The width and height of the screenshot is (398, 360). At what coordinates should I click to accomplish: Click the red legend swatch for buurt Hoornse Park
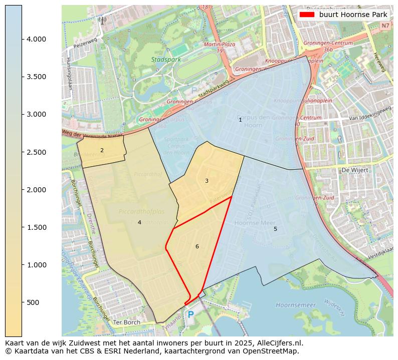tap(307, 15)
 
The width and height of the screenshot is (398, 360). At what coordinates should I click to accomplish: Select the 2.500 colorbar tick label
tap(36, 152)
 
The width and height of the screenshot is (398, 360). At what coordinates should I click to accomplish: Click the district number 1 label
tap(240, 120)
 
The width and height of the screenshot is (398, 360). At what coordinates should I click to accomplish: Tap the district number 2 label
tap(102, 150)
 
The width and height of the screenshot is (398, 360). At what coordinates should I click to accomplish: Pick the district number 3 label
tap(206, 181)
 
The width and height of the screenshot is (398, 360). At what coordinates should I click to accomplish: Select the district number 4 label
tap(139, 222)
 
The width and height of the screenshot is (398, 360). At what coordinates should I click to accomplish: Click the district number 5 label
tap(275, 229)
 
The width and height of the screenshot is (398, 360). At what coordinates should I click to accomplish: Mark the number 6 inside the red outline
tap(197, 246)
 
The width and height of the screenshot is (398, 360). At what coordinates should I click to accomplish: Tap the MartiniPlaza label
tap(219, 45)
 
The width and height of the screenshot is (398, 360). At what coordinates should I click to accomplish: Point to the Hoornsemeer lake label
tap(296, 305)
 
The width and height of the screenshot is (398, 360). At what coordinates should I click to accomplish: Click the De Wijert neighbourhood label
tap(355, 170)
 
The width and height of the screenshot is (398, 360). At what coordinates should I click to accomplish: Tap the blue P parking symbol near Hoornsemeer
tap(190, 315)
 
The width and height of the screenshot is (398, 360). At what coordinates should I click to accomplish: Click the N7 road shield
tap(384, 26)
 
